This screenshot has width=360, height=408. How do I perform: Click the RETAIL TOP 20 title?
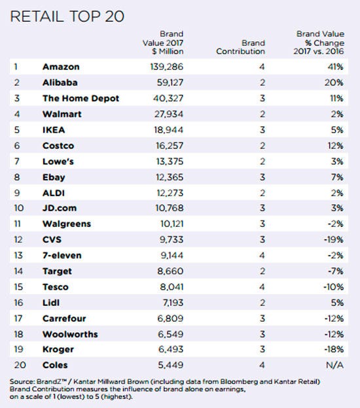tap(67, 16)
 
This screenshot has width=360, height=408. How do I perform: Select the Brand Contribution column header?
tap(240, 47)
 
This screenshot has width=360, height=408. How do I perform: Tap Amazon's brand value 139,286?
tap(167, 67)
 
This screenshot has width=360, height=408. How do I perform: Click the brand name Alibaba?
tap(60, 82)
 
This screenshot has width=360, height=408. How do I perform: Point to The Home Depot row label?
tap(81, 98)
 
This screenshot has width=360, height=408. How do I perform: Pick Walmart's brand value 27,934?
tap(169, 114)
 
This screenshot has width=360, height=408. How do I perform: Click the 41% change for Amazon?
tap(336, 67)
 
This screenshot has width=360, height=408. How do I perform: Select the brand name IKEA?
tap(54, 130)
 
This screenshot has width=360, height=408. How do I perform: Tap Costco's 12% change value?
tap(336, 146)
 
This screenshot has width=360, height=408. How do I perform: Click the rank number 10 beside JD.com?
tap(19, 208)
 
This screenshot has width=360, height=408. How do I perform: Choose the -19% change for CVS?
tap(334, 240)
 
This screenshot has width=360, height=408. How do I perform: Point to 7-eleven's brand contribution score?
tap(262, 255)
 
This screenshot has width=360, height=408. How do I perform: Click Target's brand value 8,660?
tap(170, 271)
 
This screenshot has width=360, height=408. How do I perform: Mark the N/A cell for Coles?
tap(334, 365)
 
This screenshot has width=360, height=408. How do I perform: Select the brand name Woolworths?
tap(70, 334)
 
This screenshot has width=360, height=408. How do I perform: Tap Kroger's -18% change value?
tap(334, 349)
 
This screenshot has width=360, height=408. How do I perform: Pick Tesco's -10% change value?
tap(333, 287)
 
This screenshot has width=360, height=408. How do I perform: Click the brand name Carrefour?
tap(64, 318)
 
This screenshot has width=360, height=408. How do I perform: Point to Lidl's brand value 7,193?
tap(173, 303)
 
